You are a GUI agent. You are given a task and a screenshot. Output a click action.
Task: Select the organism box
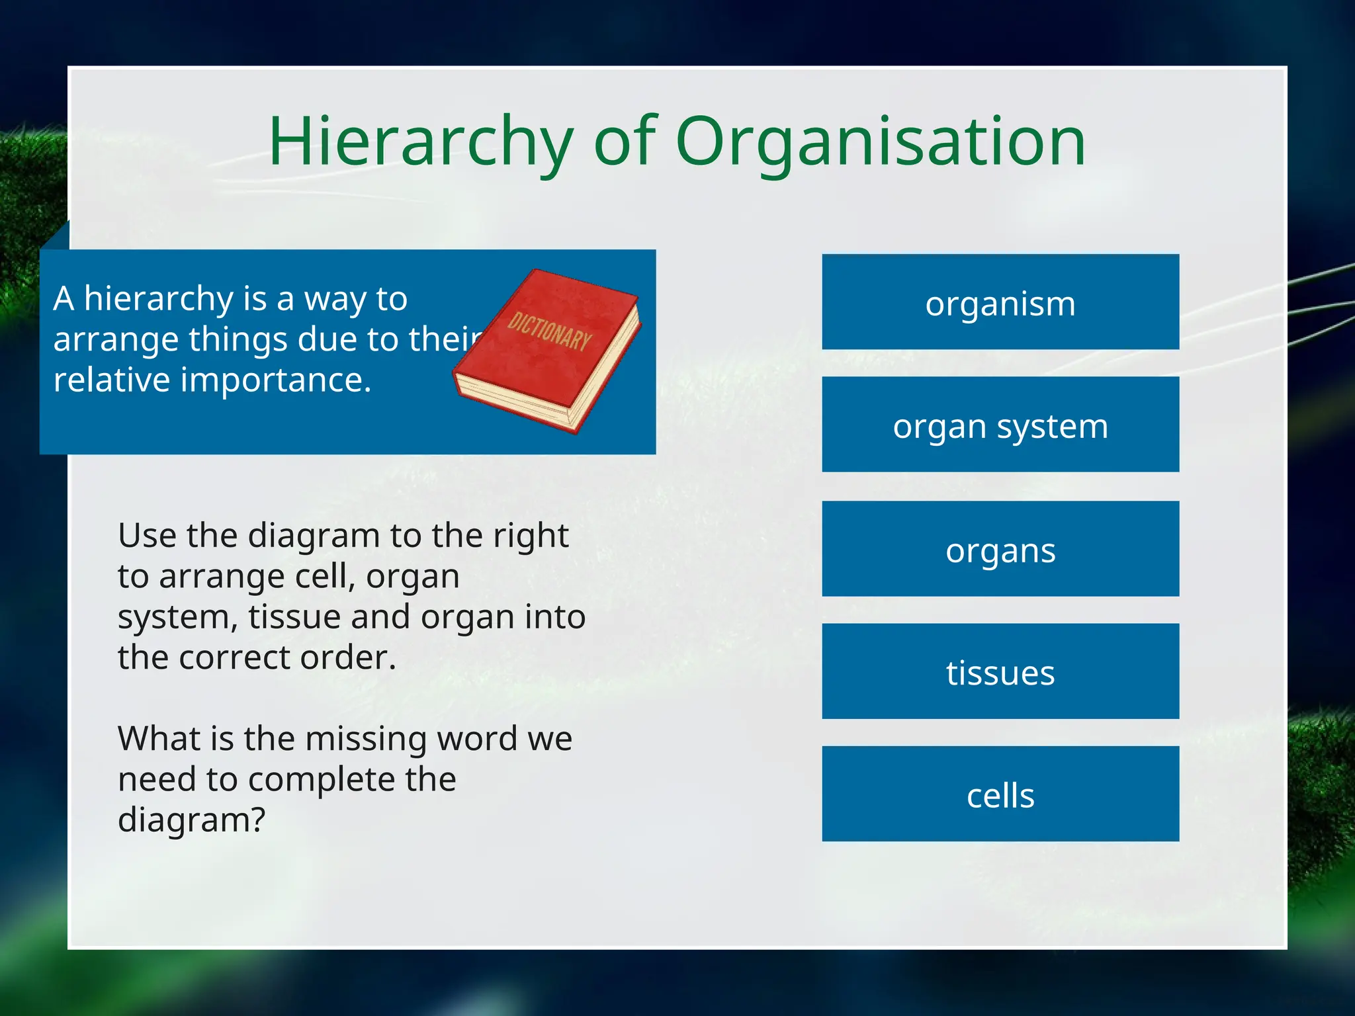[1000, 302]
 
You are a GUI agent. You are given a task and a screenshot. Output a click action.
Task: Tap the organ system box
[1000, 425]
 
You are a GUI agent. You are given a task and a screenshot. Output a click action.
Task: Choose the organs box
[1000, 549]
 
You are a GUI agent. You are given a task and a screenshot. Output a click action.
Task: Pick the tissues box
[1000, 671]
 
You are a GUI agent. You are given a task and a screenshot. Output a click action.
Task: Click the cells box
[1000, 794]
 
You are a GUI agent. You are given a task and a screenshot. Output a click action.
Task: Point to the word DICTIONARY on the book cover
[548, 331]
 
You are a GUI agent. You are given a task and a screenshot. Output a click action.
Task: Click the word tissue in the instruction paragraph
[294, 617]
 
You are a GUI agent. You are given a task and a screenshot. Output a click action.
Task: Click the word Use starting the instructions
[146, 535]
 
